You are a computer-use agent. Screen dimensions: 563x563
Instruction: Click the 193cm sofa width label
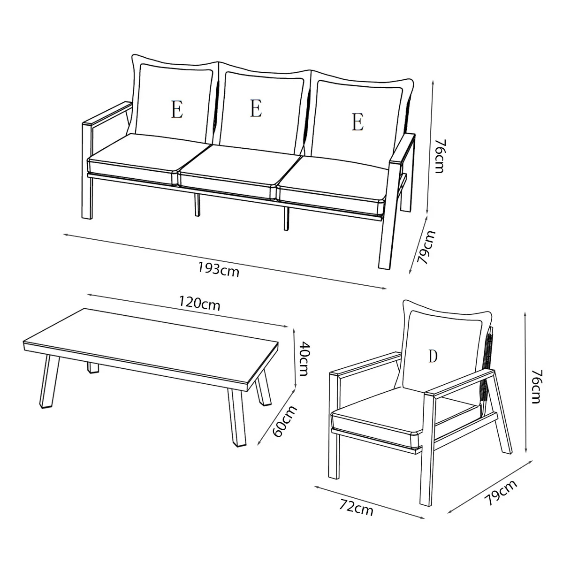pyautogui.click(x=219, y=269)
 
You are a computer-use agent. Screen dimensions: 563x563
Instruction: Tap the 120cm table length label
pyautogui.click(x=199, y=303)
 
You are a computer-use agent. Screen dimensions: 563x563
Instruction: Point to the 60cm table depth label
pyautogui.click(x=285, y=421)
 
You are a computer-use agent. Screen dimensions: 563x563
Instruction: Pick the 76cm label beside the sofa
pyautogui.click(x=440, y=156)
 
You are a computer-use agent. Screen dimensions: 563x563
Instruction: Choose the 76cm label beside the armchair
pyautogui.click(x=536, y=387)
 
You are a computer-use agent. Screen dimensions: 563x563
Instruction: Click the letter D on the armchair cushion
pyautogui.click(x=433, y=356)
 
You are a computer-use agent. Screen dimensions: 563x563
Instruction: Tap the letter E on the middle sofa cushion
pyautogui.click(x=256, y=108)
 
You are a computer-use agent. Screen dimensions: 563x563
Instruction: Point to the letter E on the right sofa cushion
pyautogui.click(x=358, y=122)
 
